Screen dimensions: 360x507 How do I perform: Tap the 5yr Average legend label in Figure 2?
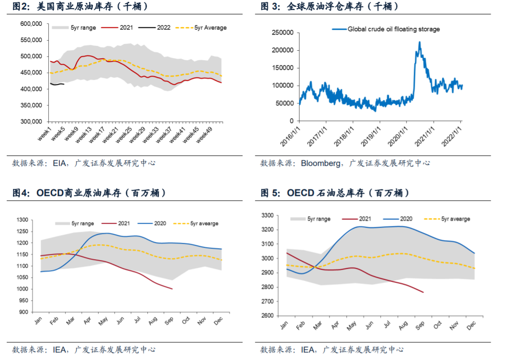(210, 28)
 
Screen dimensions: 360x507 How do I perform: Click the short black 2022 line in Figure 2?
(57, 84)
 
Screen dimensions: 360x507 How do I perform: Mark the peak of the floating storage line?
(419, 42)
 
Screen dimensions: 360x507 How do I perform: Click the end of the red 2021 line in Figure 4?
(172, 289)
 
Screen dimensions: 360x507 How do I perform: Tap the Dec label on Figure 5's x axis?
(470, 326)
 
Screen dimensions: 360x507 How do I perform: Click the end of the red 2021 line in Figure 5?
(423, 292)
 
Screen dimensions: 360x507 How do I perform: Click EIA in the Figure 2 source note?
(60, 163)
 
